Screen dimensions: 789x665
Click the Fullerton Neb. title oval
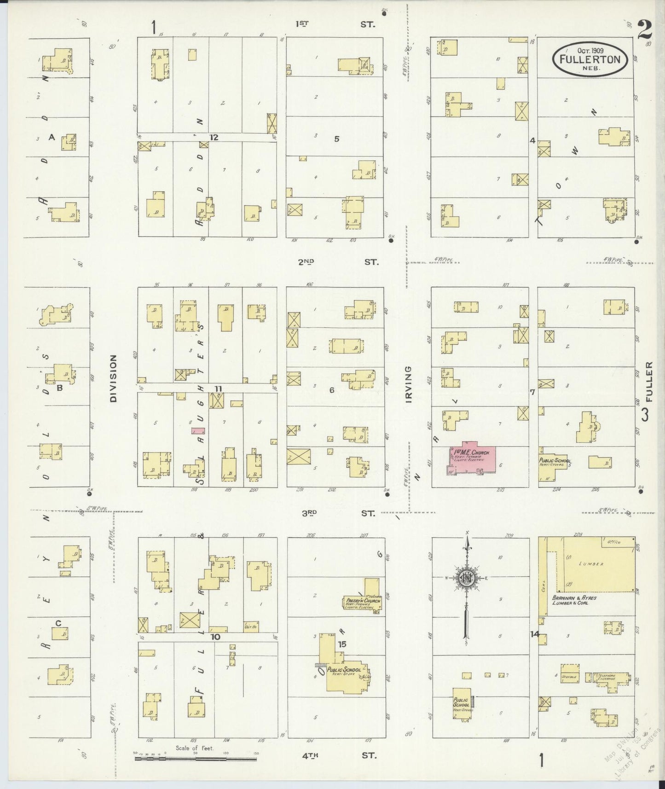tap(590, 59)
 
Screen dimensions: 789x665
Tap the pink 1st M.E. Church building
tap(472, 459)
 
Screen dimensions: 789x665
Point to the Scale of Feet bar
tap(195, 757)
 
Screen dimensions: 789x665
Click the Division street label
tap(113, 378)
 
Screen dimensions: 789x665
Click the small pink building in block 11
tap(198, 431)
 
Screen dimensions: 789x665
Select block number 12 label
tap(214, 137)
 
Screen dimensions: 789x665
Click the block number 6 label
tap(331, 390)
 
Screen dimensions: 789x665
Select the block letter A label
tap(52, 137)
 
